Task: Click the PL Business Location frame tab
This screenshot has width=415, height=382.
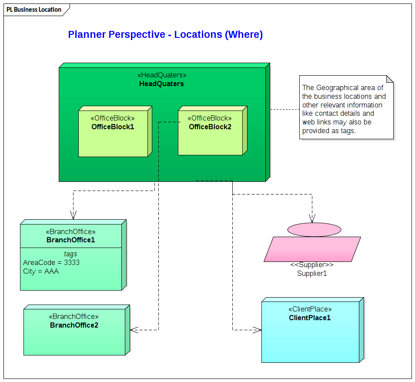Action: (34, 10)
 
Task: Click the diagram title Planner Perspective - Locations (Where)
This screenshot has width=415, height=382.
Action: (165, 35)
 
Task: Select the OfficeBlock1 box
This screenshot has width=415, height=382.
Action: (113, 139)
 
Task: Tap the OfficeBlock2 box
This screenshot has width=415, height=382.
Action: (210, 139)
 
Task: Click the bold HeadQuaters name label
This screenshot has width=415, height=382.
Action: (161, 84)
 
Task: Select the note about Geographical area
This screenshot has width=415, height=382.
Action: (346, 109)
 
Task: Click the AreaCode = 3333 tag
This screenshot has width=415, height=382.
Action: (51, 263)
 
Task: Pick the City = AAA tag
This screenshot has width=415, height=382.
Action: (41, 271)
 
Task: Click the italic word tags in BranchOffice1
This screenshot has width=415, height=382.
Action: (70, 254)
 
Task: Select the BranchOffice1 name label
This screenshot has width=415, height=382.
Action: (70, 240)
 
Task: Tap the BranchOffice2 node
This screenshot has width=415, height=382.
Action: (74, 339)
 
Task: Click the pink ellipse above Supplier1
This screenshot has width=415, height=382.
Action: (314, 229)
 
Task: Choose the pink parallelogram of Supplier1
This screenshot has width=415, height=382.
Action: (312, 249)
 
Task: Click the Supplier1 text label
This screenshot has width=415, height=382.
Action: (312, 274)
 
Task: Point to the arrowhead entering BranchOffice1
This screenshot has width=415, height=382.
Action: (73, 215)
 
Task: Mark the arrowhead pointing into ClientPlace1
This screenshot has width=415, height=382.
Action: (257, 330)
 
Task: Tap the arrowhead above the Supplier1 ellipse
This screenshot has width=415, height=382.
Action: (312, 218)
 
